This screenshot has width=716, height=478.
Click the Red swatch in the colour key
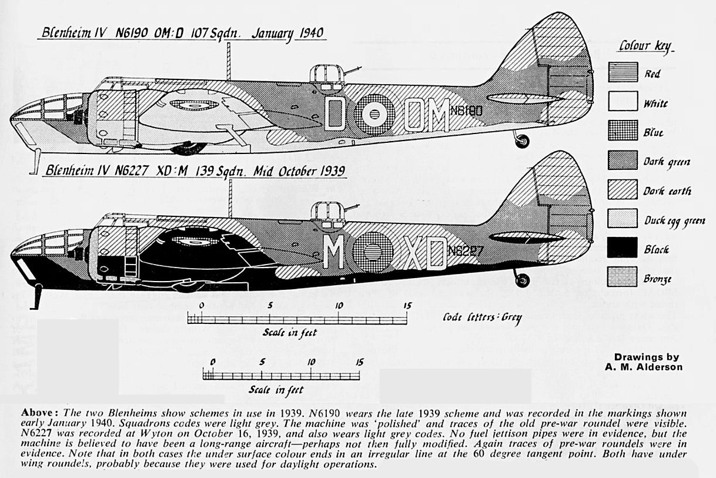pyautogui.click(x=623, y=72)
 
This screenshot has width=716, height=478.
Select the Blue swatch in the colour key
pyautogui.click(x=623, y=130)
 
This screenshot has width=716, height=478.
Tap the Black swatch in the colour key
pyautogui.click(x=623, y=247)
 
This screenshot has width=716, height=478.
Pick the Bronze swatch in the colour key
pyautogui.click(x=623, y=276)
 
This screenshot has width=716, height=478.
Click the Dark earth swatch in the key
pyautogui.click(x=623, y=189)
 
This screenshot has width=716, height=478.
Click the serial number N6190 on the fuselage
pyautogui.click(x=466, y=111)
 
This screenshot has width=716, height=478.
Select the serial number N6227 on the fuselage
pyautogui.click(x=466, y=251)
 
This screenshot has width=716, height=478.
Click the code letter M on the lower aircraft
pyautogui.click(x=334, y=252)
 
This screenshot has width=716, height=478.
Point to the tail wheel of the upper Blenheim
pyautogui.click(x=521, y=141)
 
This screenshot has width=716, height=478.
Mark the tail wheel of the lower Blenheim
pyautogui.click(x=521, y=280)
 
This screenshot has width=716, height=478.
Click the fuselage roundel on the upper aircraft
pyautogui.click(x=374, y=114)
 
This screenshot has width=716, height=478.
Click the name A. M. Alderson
pyautogui.click(x=644, y=367)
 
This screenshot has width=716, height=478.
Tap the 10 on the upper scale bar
pyautogui.click(x=339, y=306)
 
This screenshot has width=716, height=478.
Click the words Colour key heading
pyautogui.click(x=645, y=47)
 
